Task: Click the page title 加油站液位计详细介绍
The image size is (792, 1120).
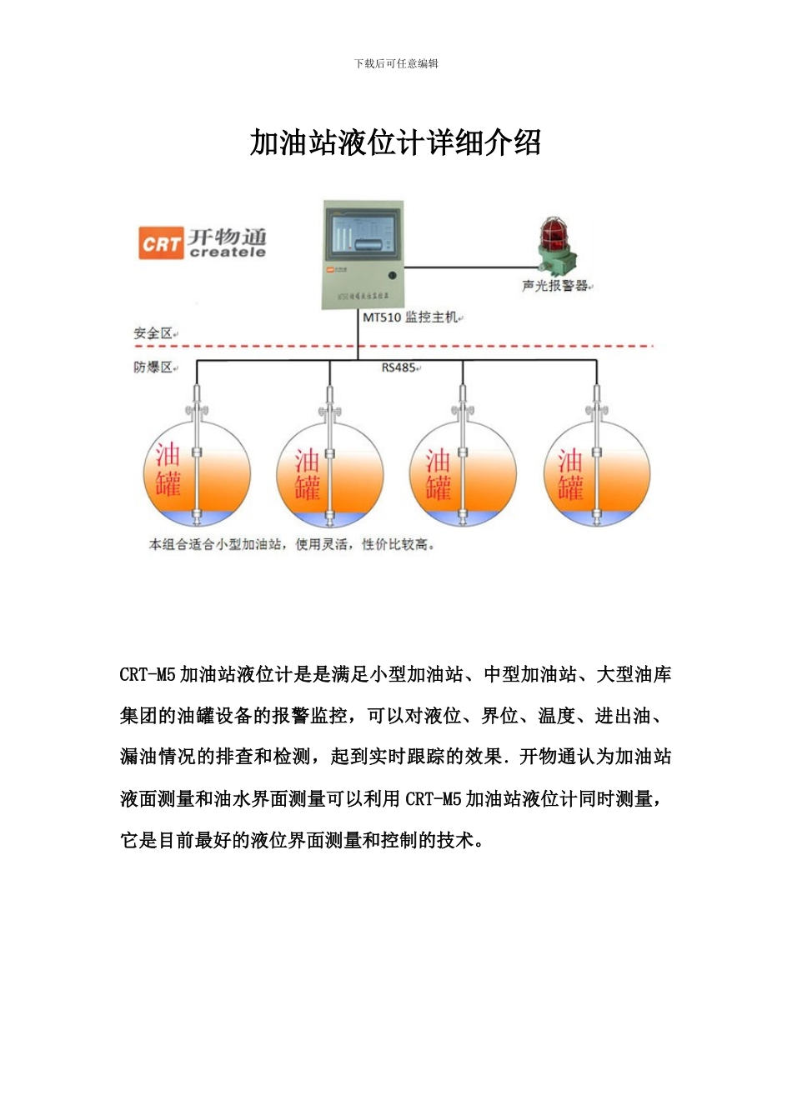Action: pyautogui.click(x=395, y=143)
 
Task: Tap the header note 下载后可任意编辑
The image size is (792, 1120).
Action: pyautogui.click(x=396, y=63)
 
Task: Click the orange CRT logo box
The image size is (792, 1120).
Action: pyautogui.click(x=160, y=244)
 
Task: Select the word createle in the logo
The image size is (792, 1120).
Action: pyautogui.click(x=228, y=252)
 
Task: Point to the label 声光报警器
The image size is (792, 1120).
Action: pyautogui.click(x=555, y=286)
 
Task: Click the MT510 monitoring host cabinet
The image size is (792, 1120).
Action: pyautogui.click(x=363, y=254)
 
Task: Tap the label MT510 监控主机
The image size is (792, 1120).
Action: pyautogui.click(x=409, y=317)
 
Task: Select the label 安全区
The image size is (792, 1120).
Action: pyautogui.click(x=153, y=333)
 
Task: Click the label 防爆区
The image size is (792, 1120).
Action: pyautogui.click(x=153, y=367)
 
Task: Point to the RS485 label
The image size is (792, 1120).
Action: pyautogui.click(x=399, y=367)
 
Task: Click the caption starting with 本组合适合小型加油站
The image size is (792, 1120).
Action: pyautogui.click(x=291, y=545)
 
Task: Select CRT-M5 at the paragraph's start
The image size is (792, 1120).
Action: pyautogui.click(x=148, y=675)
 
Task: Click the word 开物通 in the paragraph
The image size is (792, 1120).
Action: pyautogui.click(x=547, y=757)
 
